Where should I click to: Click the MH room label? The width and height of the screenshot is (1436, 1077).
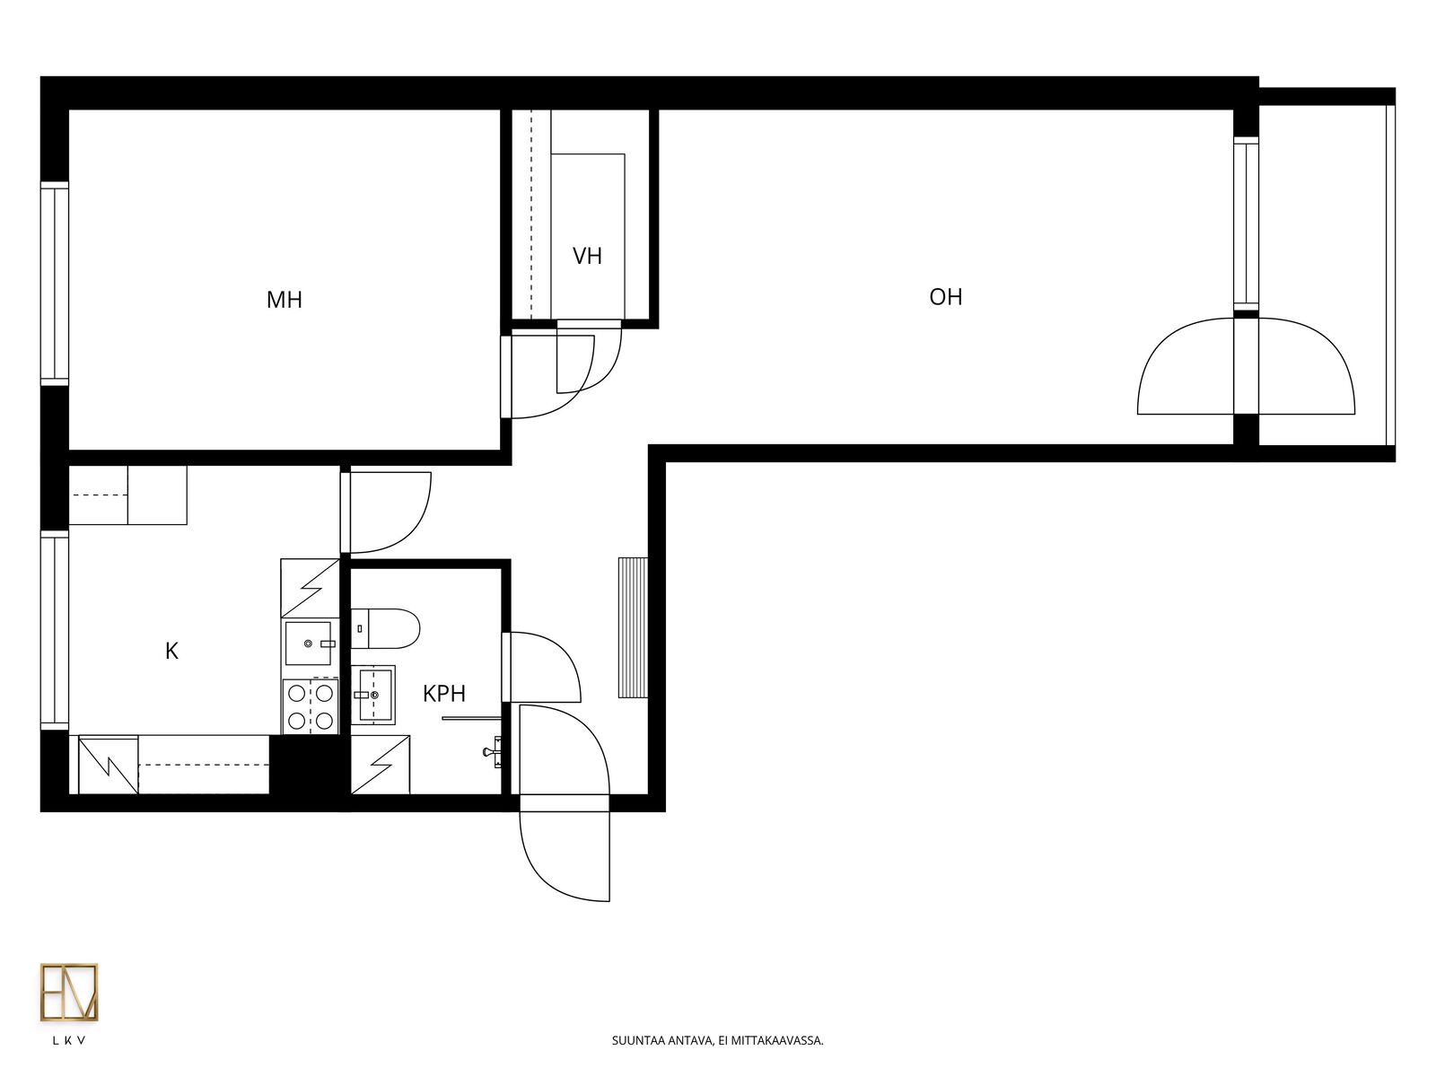(284, 300)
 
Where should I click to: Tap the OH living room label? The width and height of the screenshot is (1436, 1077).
(945, 297)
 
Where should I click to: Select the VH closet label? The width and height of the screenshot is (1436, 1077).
(587, 256)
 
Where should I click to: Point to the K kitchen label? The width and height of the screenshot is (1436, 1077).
(171, 651)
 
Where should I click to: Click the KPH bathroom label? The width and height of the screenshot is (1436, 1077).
(443, 693)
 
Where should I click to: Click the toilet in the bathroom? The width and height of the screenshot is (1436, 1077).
(385, 628)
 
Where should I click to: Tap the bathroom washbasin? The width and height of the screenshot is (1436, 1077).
(372, 695)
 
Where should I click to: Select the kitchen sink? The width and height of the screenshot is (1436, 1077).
(311, 644)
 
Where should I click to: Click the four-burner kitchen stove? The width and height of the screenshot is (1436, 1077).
(311, 706)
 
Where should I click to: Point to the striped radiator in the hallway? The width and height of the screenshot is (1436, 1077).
(633, 627)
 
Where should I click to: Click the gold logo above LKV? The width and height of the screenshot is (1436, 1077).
(69, 992)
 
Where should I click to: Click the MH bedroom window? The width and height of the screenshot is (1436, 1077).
(55, 284)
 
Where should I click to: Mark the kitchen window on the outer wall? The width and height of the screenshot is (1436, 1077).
(55, 630)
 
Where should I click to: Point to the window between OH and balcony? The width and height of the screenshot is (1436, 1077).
(1246, 223)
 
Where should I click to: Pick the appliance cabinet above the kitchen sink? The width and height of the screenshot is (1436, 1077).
(311, 588)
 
